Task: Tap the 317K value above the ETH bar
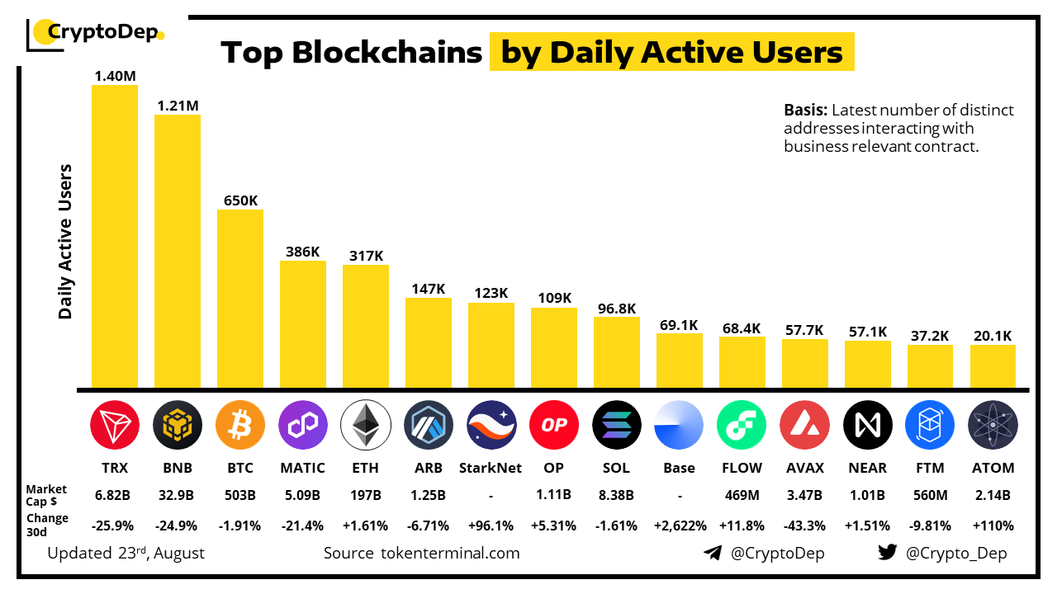pos(365,256)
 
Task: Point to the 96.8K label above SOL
pos(616,309)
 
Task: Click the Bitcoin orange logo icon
pos(239,425)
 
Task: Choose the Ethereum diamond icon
pos(365,425)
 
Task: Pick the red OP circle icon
pos(553,425)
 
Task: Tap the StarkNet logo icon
pos(491,425)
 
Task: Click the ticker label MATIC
pos(302,468)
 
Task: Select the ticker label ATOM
pos(993,468)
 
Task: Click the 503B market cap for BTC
pos(239,495)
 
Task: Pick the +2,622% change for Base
pos(679,526)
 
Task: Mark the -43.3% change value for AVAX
pos(804,526)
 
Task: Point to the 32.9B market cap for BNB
pos(177,495)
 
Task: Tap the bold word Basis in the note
pos(805,111)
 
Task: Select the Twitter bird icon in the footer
pos(888,553)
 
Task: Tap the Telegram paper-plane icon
pos(712,553)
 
